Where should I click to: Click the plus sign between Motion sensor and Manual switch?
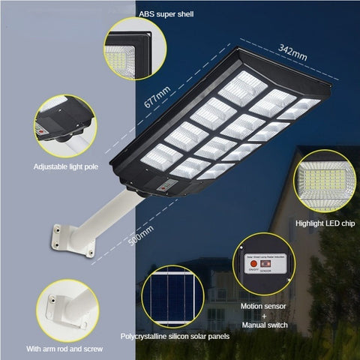(262, 316)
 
